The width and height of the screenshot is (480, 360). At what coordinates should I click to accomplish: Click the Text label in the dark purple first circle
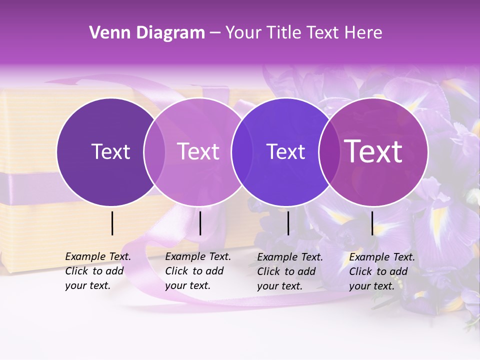pyautogui.click(x=110, y=151)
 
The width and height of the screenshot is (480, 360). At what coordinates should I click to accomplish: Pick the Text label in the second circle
pyautogui.click(x=198, y=151)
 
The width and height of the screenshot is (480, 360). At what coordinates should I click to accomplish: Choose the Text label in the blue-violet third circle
pyautogui.click(x=285, y=151)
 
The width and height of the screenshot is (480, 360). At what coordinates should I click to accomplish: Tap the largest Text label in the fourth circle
pyautogui.click(x=373, y=151)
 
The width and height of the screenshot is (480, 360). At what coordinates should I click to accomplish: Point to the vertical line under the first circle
pyautogui.click(x=112, y=223)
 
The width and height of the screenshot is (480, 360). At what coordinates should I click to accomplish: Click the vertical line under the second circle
pyautogui.click(x=200, y=223)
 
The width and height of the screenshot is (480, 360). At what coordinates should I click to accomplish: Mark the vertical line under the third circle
pyautogui.click(x=288, y=223)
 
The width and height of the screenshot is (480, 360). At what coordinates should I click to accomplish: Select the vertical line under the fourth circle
pyautogui.click(x=372, y=223)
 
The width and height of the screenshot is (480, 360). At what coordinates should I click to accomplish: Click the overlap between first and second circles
pyautogui.click(x=154, y=151)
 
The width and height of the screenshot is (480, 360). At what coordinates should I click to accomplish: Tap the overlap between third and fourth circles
pyautogui.click(x=329, y=151)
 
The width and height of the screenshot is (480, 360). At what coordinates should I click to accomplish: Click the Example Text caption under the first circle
pyautogui.click(x=98, y=271)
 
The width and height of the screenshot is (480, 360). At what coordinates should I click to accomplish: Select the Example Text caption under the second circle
pyautogui.click(x=198, y=271)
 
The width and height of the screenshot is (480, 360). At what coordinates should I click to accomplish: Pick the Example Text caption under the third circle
pyautogui.click(x=290, y=271)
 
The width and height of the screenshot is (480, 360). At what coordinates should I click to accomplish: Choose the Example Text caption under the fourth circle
pyautogui.click(x=382, y=271)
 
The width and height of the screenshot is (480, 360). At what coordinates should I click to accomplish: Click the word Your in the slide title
pyautogui.click(x=242, y=33)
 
